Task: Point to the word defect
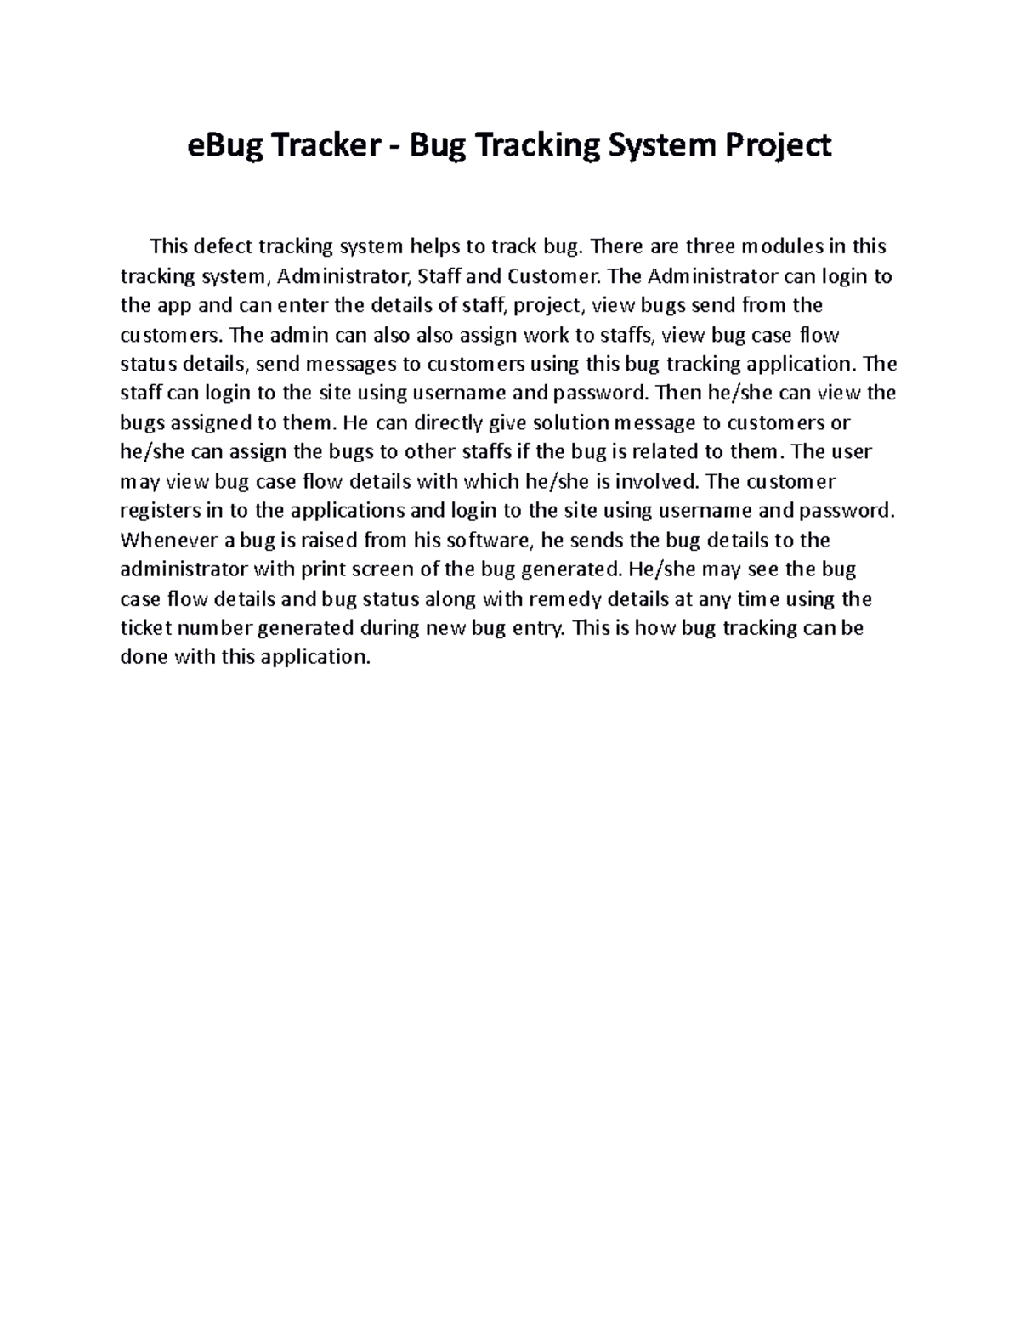point(224,247)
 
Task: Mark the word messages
point(350,365)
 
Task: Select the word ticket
point(144,628)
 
